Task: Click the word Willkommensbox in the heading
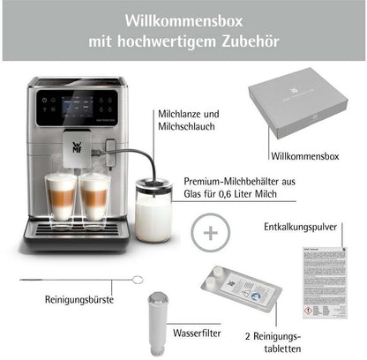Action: (183, 19)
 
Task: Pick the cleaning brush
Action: (79, 281)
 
